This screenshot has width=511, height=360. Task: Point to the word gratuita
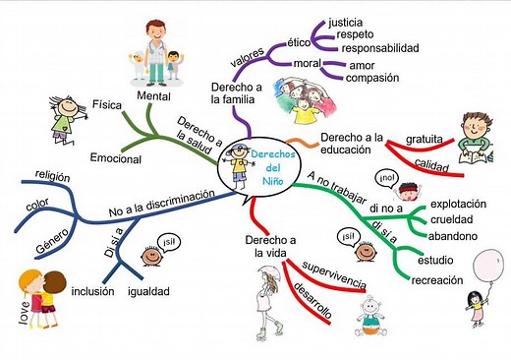point(423,138)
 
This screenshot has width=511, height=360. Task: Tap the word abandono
point(453,236)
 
